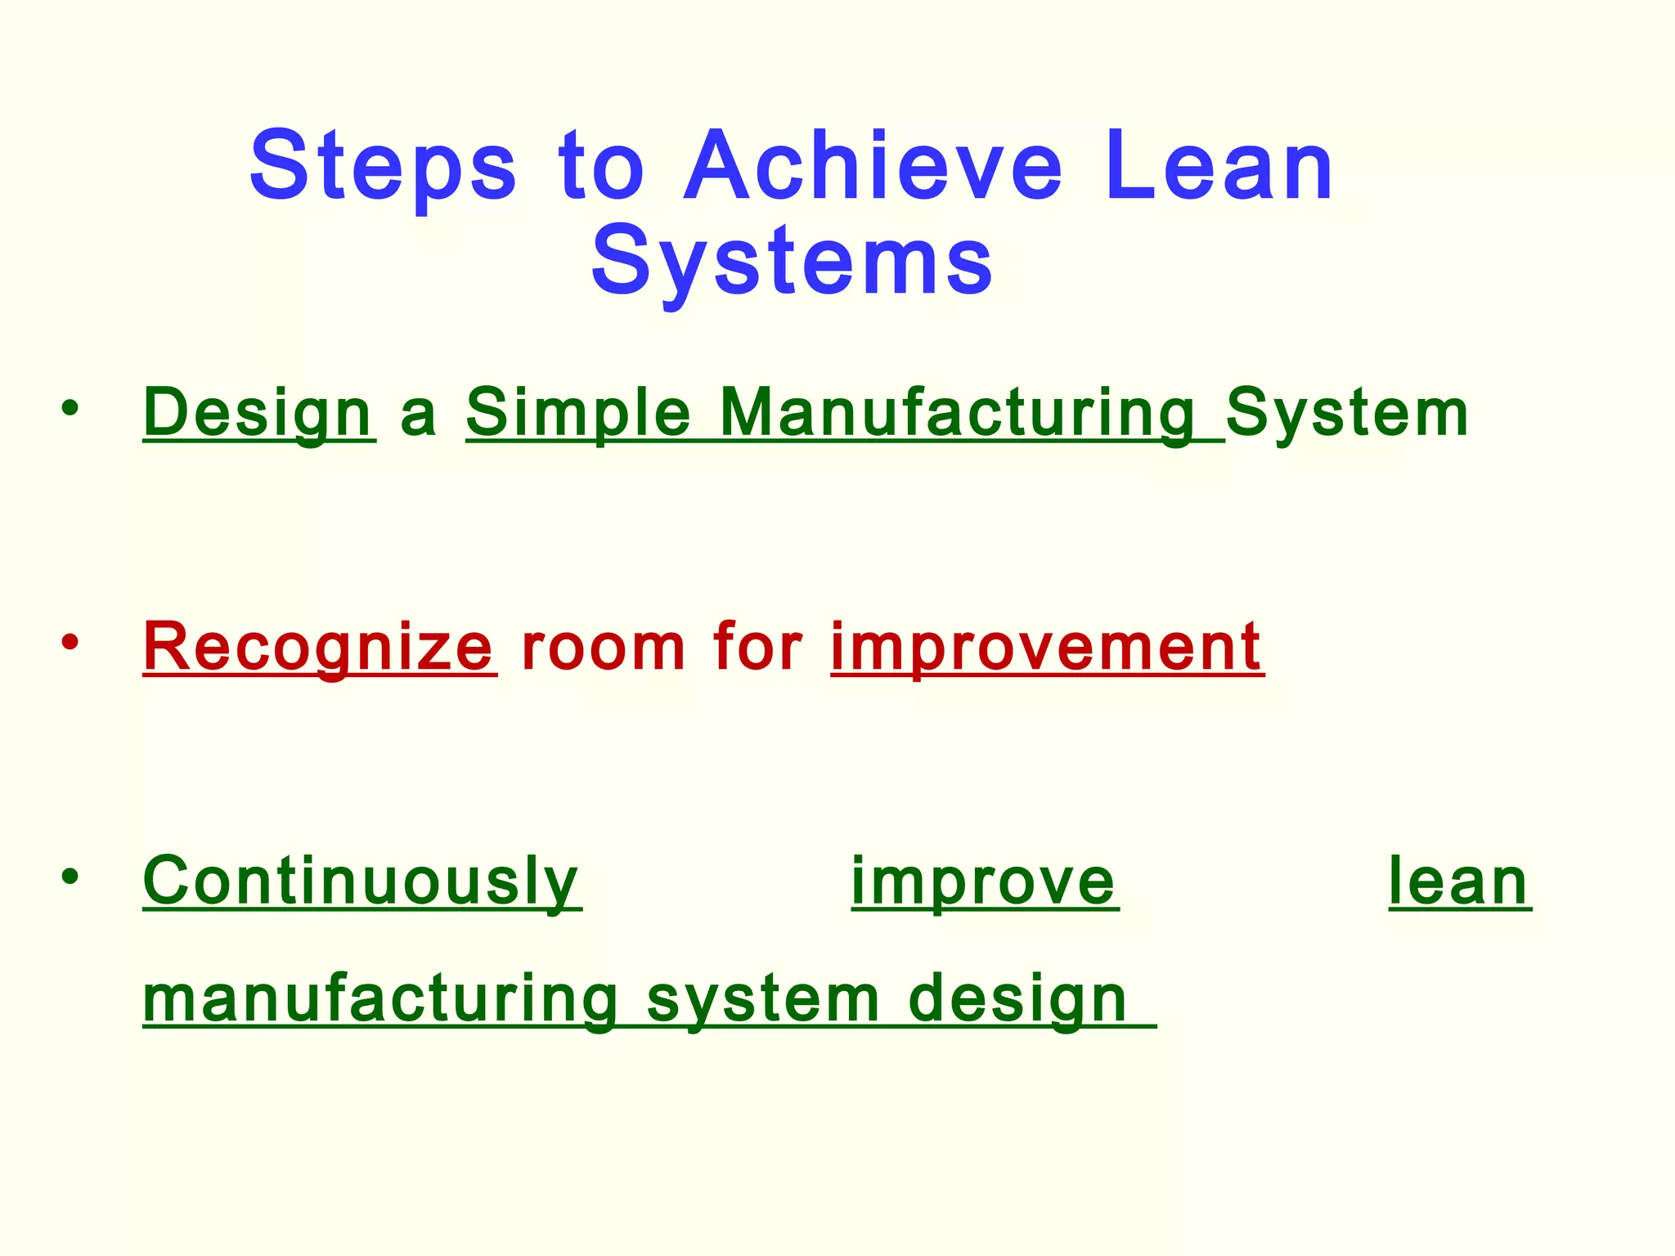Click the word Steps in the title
tap(383, 168)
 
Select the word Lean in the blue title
tap(1219, 168)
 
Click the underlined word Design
tap(258, 414)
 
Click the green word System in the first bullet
tap(1346, 414)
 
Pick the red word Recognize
tap(319, 648)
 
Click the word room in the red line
tap(603, 648)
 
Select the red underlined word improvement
tap(1047, 648)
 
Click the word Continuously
tap(361, 881)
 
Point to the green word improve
tap(984, 881)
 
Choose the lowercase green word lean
tap(1459, 881)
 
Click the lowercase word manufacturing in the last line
tap(381, 999)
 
